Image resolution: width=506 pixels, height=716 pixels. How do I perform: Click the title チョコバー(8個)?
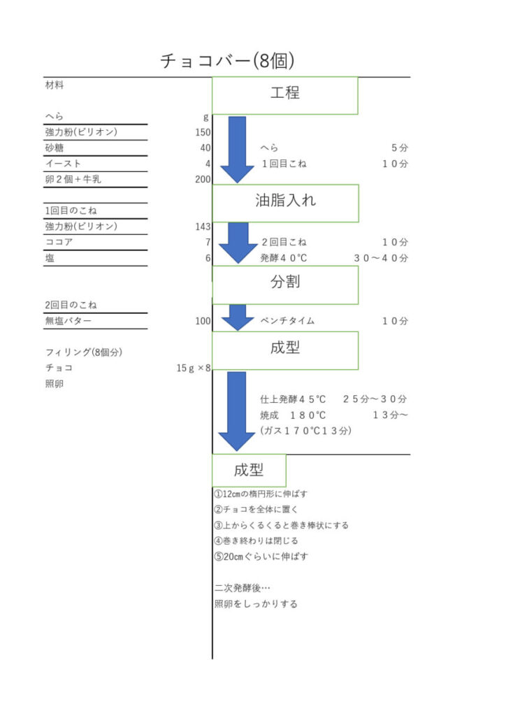pyautogui.click(x=226, y=61)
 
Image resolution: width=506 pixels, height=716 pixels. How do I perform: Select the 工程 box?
pyautogui.click(x=284, y=95)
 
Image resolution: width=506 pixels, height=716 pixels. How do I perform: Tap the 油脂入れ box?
pyautogui.click(x=285, y=203)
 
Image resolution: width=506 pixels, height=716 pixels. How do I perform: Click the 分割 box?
pyautogui.click(x=285, y=285)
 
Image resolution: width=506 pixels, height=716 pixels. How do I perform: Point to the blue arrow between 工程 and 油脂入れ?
pyautogui.click(x=237, y=150)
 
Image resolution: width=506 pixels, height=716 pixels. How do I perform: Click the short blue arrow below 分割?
pyautogui.click(x=237, y=317)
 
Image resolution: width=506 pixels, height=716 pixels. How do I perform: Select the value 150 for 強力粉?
pyautogui.click(x=203, y=132)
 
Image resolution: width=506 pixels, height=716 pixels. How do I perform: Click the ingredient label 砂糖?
pyautogui.click(x=55, y=148)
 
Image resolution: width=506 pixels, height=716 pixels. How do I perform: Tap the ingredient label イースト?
pyautogui.click(x=63, y=164)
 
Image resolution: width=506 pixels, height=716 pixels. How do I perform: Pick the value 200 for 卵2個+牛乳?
pyautogui.click(x=203, y=180)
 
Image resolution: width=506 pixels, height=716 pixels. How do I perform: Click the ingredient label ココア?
pyautogui.click(x=59, y=242)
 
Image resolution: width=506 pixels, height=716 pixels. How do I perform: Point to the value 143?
pyautogui.click(x=203, y=227)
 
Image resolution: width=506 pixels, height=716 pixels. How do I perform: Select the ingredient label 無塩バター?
pyautogui.click(x=68, y=321)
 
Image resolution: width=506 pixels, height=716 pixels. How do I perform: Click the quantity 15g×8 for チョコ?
pyautogui.click(x=194, y=368)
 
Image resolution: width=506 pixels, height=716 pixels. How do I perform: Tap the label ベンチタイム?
pyautogui.click(x=287, y=321)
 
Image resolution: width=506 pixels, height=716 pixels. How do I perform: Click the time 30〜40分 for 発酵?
pyautogui.click(x=381, y=258)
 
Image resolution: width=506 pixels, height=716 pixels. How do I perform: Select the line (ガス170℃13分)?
pyautogui.click(x=305, y=431)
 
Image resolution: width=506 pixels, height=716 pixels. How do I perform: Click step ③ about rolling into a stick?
pyautogui.click(x=282, y=525)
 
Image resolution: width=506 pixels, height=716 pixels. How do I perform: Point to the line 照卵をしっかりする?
pyautogui.click(x=256, y=603)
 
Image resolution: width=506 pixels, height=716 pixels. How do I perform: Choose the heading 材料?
pyautogui.click(x=55, y=85)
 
